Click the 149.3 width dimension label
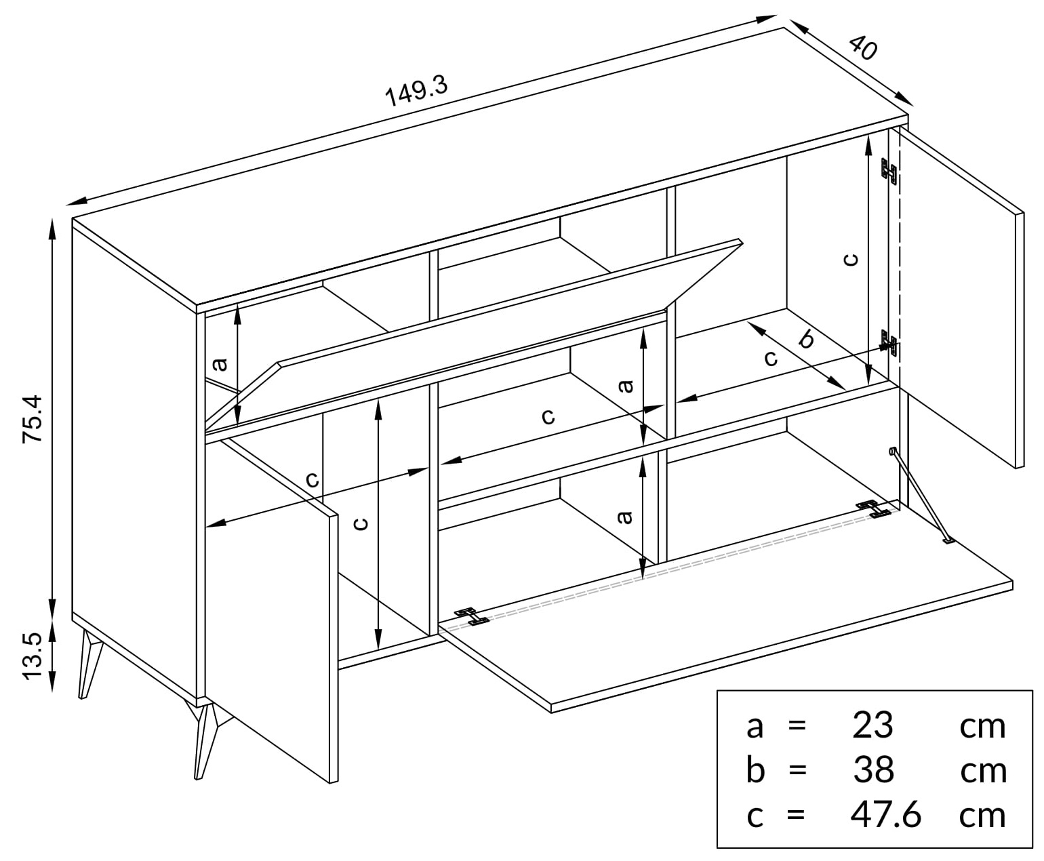(x=416, y=92)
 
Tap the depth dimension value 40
(x=863, y=48)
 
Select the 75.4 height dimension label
(x=33, y=419)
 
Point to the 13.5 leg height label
(x=33, y=656)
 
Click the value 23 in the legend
(x=872, y=725)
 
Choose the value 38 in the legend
(x=873, y=770)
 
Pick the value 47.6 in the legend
(x=885, y=815)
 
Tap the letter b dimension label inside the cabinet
(x=805, y=340)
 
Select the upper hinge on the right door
(x=889, y=172)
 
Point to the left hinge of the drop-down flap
(x=471, y=616)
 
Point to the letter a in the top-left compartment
(x=220, y=365)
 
